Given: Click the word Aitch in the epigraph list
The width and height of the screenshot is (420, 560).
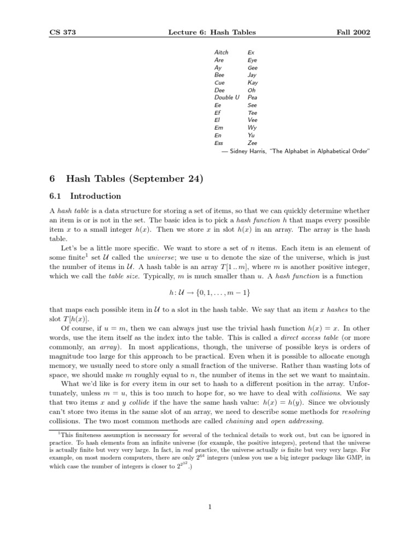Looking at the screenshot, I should click(221, 52).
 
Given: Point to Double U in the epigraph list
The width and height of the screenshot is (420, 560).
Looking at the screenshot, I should click(227, 97).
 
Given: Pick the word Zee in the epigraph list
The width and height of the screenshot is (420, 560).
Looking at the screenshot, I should click(253, 142).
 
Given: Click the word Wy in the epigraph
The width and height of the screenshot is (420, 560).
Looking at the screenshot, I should click(252, 127).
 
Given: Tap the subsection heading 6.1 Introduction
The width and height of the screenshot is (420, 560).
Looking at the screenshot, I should click(85, 196).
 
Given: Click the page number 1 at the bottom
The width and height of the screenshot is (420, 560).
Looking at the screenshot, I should click(210, 506).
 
